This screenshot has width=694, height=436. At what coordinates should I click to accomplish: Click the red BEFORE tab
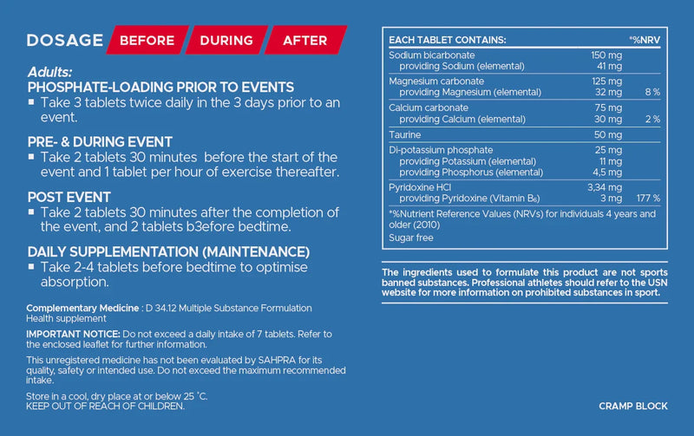click(147, 40)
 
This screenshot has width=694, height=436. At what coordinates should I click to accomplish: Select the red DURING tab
click(226, 40)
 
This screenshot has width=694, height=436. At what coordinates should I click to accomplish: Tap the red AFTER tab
click(304, 40)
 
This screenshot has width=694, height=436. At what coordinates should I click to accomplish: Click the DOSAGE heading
click(65, 40)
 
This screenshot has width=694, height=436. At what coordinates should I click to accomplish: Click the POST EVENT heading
click(70, 197)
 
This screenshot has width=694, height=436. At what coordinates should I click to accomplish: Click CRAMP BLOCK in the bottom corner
click(632, 406)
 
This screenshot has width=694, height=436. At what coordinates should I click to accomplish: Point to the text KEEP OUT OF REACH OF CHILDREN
click(106, 406)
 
